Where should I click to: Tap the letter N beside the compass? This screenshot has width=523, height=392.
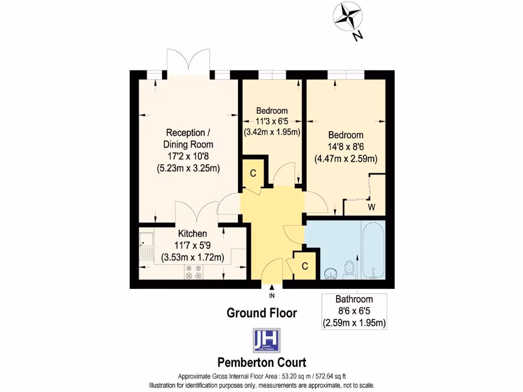pyautogui.click(x=358, y=35)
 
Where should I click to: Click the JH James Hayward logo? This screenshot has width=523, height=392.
pyautogui.click(x=266, y=340)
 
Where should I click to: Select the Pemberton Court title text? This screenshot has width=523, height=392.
pyautogui.click(x=262, y=362)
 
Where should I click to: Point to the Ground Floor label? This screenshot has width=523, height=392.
pyautogui.click(x=261, y=313)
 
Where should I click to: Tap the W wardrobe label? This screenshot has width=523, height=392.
pyautogui.click(x=372, y=207)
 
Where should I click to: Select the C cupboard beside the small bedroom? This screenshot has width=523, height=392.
pyautogui.click(x=253, y=173)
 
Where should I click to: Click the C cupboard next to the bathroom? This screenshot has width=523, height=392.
pyautogui.click(x=304, y=266)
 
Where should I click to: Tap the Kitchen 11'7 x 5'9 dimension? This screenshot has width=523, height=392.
pyautogui.click(x=192, y=245)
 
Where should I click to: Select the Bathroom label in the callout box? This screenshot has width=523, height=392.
pyautogui.click(x=353, y=300)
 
